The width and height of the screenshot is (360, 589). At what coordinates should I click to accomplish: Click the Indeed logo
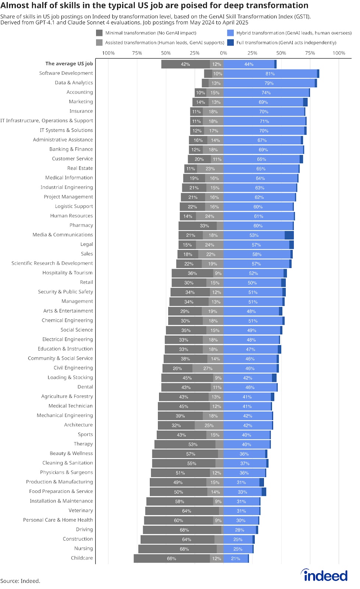324,575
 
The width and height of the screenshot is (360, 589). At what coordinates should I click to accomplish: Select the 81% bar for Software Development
270,74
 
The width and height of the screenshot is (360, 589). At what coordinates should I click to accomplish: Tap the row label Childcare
82,558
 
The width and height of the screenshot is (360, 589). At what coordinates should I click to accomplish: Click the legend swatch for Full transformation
230,42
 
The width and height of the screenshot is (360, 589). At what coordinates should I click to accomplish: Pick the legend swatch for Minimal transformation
99,33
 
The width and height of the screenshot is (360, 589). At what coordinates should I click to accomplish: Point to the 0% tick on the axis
223,53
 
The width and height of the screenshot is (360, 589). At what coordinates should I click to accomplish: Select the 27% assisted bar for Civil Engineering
208,368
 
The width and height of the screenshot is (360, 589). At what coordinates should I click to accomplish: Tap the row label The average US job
69,64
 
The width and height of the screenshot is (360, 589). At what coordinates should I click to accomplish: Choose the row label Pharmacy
81,225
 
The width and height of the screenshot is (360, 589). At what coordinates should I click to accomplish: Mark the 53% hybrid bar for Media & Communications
254,235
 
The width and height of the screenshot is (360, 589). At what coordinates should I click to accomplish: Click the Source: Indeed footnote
20,581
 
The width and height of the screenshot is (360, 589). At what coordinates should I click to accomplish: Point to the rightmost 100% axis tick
339,53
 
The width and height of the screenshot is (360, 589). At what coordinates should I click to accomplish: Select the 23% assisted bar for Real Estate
210,169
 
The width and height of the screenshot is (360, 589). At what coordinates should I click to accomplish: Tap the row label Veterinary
81,511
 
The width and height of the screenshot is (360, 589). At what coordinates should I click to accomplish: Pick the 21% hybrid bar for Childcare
236,558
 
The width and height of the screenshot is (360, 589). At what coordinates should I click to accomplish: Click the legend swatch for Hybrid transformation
230,33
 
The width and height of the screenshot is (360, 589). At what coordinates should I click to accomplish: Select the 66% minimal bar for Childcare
172,558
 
